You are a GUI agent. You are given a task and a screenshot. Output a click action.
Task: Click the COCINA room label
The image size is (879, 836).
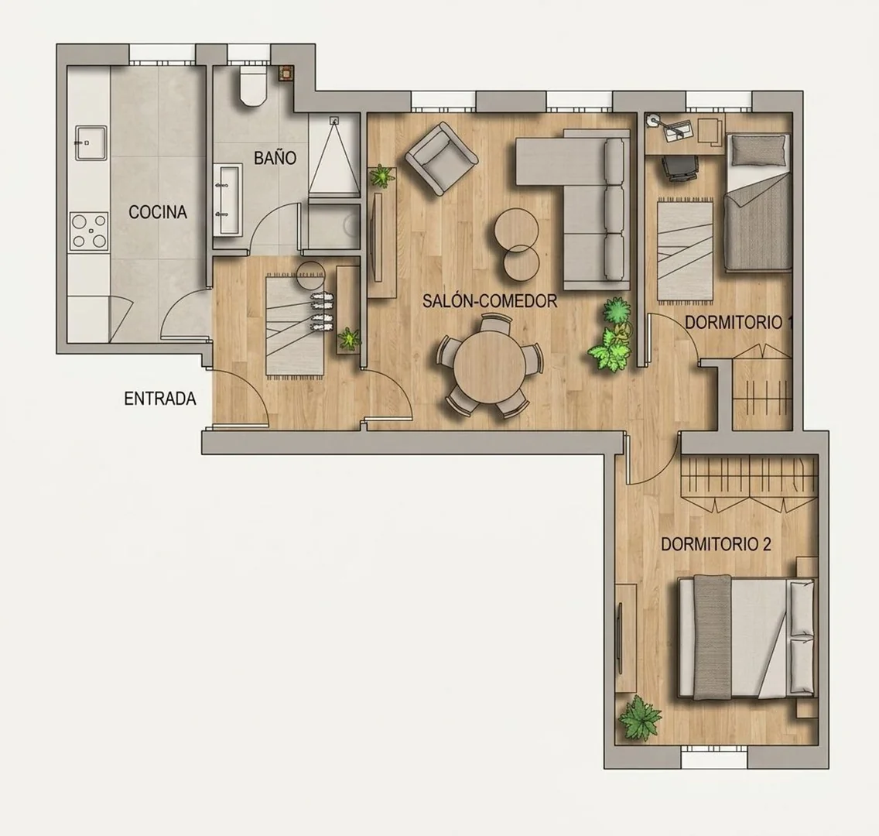[x=158, y=213]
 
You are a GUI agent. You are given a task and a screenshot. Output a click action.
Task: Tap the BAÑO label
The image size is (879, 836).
[x=275, y=158]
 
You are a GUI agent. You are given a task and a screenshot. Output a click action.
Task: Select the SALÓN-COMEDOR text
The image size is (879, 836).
[x=490, y=301]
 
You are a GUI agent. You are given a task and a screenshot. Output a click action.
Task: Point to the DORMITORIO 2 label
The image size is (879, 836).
[x=717, y=544]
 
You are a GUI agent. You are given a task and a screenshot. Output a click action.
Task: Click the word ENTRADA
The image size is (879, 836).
[x=159, y=399]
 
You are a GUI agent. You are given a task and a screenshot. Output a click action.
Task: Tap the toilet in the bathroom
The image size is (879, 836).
[x=251, y=86]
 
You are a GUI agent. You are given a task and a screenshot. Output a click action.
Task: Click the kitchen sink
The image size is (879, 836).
[x=91, y=142]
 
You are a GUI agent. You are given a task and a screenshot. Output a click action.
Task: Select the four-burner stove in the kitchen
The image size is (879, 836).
[x=89, y=231]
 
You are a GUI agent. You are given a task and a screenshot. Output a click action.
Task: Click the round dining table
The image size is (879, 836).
[x=490, y=365]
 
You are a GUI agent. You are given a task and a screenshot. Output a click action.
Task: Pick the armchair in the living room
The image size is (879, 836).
[x=441, y=159]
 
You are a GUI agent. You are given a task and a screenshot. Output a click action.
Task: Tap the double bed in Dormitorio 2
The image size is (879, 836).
[x=747, y=638]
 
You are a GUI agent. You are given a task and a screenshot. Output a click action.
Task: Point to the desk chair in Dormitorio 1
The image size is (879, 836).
[x=679, y=168]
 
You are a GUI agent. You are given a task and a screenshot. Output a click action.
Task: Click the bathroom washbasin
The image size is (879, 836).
[x=228, y=200]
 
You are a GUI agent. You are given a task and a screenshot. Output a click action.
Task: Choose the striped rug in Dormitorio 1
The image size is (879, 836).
[x=685, y=251]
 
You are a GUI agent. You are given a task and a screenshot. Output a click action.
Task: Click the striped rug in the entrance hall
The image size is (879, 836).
[x=294, y=324]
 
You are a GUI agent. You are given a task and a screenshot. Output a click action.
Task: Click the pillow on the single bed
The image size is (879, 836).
[x=758, y=150]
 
